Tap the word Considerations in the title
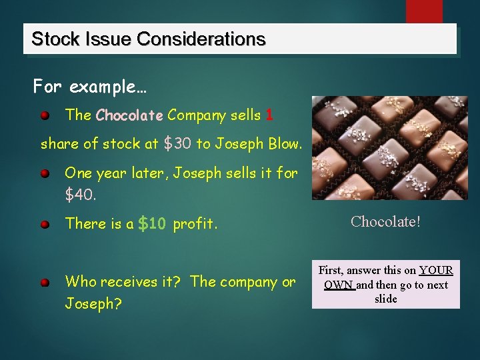(x=201, y=39)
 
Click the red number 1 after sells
(x=269, y=115)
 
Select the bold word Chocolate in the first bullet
(x=129, y=115)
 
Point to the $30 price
(x=177, y=143)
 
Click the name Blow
(x=285, y=143)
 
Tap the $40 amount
(x=80, y=195)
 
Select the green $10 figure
(x=151, y=224)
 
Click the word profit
(x=195, y=224)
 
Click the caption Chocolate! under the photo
(x=385, y=221)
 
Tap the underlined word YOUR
(x=436, y=271)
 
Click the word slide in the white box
(x=385, y=299)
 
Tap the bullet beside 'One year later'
(x=44, y=174)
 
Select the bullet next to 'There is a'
(x=44, y=225)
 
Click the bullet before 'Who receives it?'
(x=44, y=283)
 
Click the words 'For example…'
(x=90, y=87)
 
